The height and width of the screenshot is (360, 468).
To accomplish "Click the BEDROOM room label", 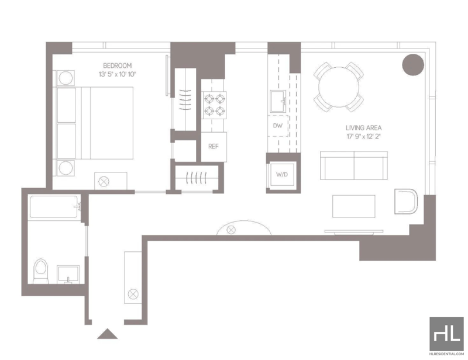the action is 118,65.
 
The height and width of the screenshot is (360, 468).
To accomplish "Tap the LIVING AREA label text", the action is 363,128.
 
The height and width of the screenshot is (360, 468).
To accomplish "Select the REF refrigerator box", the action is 214,147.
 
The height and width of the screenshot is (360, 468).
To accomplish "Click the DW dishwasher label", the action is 277,126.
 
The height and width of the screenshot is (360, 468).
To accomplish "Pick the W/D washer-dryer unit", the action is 282,175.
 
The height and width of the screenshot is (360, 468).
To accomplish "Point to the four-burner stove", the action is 215,105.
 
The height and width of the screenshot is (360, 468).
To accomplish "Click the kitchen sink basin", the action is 278,102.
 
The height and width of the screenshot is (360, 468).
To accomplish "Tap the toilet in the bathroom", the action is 41,271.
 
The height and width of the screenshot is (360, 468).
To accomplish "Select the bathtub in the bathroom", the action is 54,207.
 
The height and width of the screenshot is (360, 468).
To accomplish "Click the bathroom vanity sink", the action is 68,274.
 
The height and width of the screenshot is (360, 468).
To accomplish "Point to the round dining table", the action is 339,87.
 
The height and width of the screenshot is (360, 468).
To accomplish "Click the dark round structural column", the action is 413,65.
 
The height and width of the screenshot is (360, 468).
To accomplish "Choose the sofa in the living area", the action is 354,165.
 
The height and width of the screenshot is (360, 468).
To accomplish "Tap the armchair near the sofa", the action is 406,201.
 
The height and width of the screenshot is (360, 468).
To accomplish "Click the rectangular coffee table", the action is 354,206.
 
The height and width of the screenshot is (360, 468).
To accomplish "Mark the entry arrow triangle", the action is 107,334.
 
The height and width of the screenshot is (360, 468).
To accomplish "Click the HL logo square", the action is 447,334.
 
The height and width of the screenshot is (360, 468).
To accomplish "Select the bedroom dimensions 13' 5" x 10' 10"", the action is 118,74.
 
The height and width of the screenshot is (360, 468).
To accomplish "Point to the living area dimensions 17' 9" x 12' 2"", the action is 363,137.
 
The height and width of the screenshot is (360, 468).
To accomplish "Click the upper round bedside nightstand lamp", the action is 66,78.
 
